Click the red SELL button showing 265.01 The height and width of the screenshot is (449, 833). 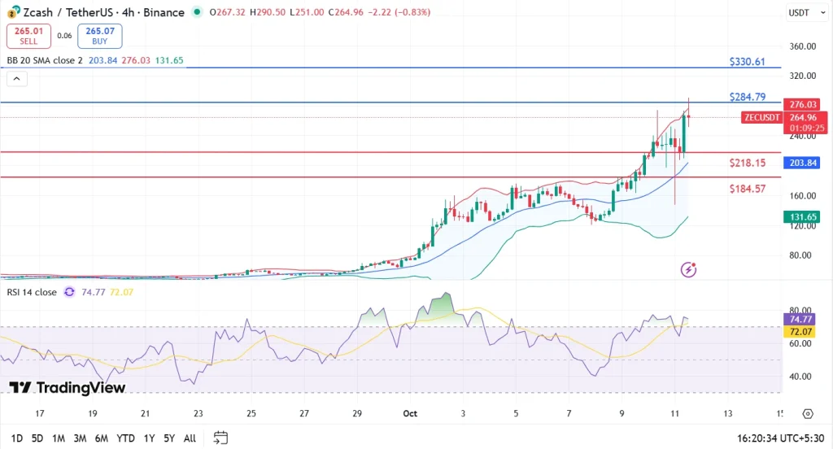tap(29, 36)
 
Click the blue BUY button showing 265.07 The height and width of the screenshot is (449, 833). tap(99, 36)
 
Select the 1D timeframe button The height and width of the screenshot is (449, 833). tap(16, 438)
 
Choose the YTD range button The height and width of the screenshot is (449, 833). tap(125, 438)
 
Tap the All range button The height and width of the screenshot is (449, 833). tap(190, 438)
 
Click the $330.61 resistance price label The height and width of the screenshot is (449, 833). tap(748, 62)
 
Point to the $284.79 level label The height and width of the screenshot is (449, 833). tap(748, 97)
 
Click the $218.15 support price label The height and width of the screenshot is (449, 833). tap(748, 163)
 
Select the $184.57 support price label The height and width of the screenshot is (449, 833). tap(748, 189)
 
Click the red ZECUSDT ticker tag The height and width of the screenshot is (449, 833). tap(761, 117)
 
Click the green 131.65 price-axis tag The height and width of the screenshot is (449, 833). tap(804, 217)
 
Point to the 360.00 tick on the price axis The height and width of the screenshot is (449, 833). tap(803, 46)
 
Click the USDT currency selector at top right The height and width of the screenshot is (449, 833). tap(800, 13)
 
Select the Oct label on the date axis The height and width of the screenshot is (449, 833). tap(410, 413)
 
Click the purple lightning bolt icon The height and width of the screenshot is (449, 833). tap(689, 269)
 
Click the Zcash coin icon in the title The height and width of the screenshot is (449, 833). tap(12, 13)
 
